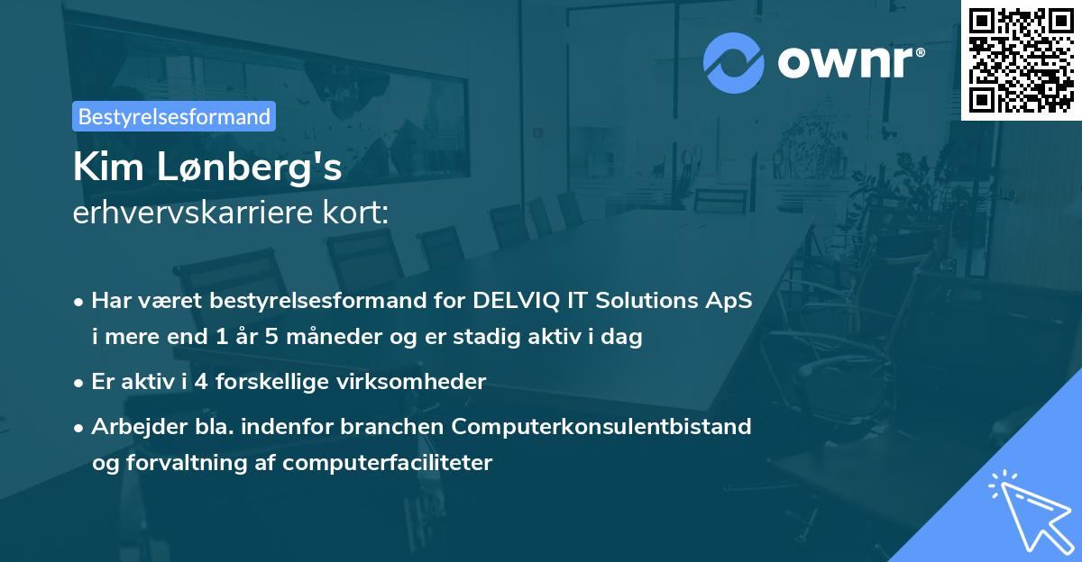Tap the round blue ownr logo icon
pos(734,63)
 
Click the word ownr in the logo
pos(850,63)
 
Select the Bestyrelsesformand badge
pos(174,116)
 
